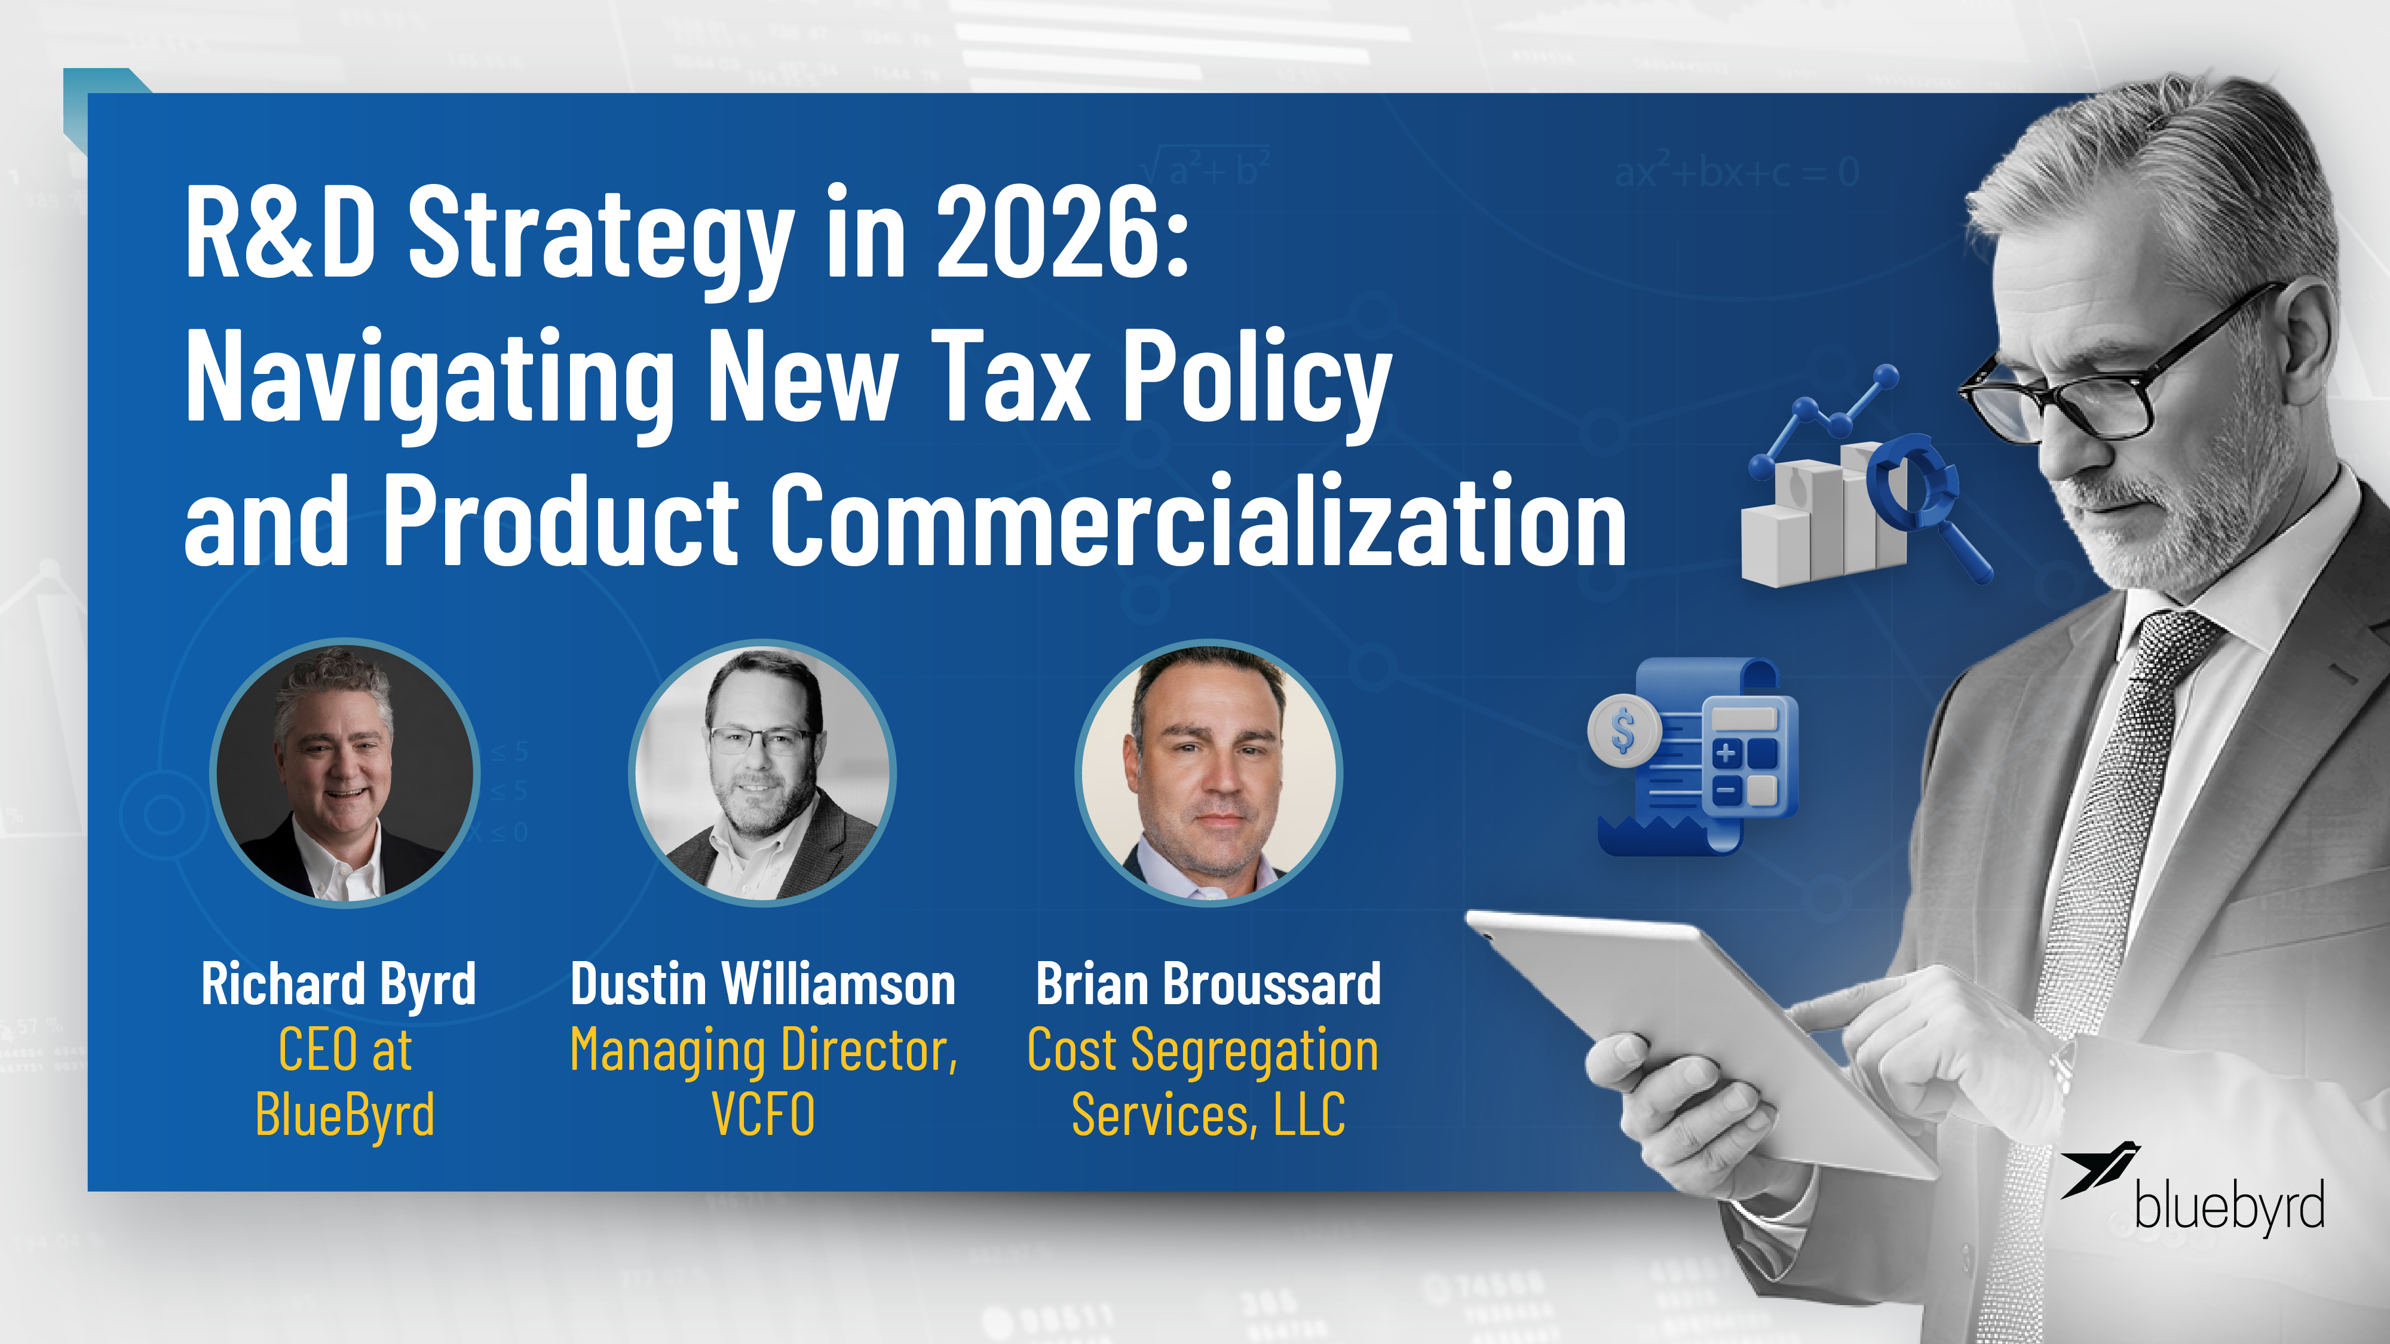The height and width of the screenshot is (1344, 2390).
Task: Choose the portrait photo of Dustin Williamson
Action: pyautogui.click(x=762, y=772)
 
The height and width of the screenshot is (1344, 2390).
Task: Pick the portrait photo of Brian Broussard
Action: pyautogui.click(x=1208, y=772)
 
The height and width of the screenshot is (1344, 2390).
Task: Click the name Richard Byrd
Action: pyautogui.click(x=339, y=984)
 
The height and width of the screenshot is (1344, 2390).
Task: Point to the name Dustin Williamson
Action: pyautogui.click(x=762, y=984)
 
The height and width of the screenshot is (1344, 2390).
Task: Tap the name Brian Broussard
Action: pyautogui.click(x=1208, y=984)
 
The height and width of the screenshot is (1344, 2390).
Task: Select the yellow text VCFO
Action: pyautogui.click(x=762, y=1114)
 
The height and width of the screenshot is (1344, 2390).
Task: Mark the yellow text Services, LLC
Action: pyautogui.click(x=1208, y=1114)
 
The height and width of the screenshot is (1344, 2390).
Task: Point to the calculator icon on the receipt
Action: pyautogui.click(x=1744, y=760)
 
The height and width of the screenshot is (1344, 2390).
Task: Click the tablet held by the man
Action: pyautogui.click(x=1698, y=1030)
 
